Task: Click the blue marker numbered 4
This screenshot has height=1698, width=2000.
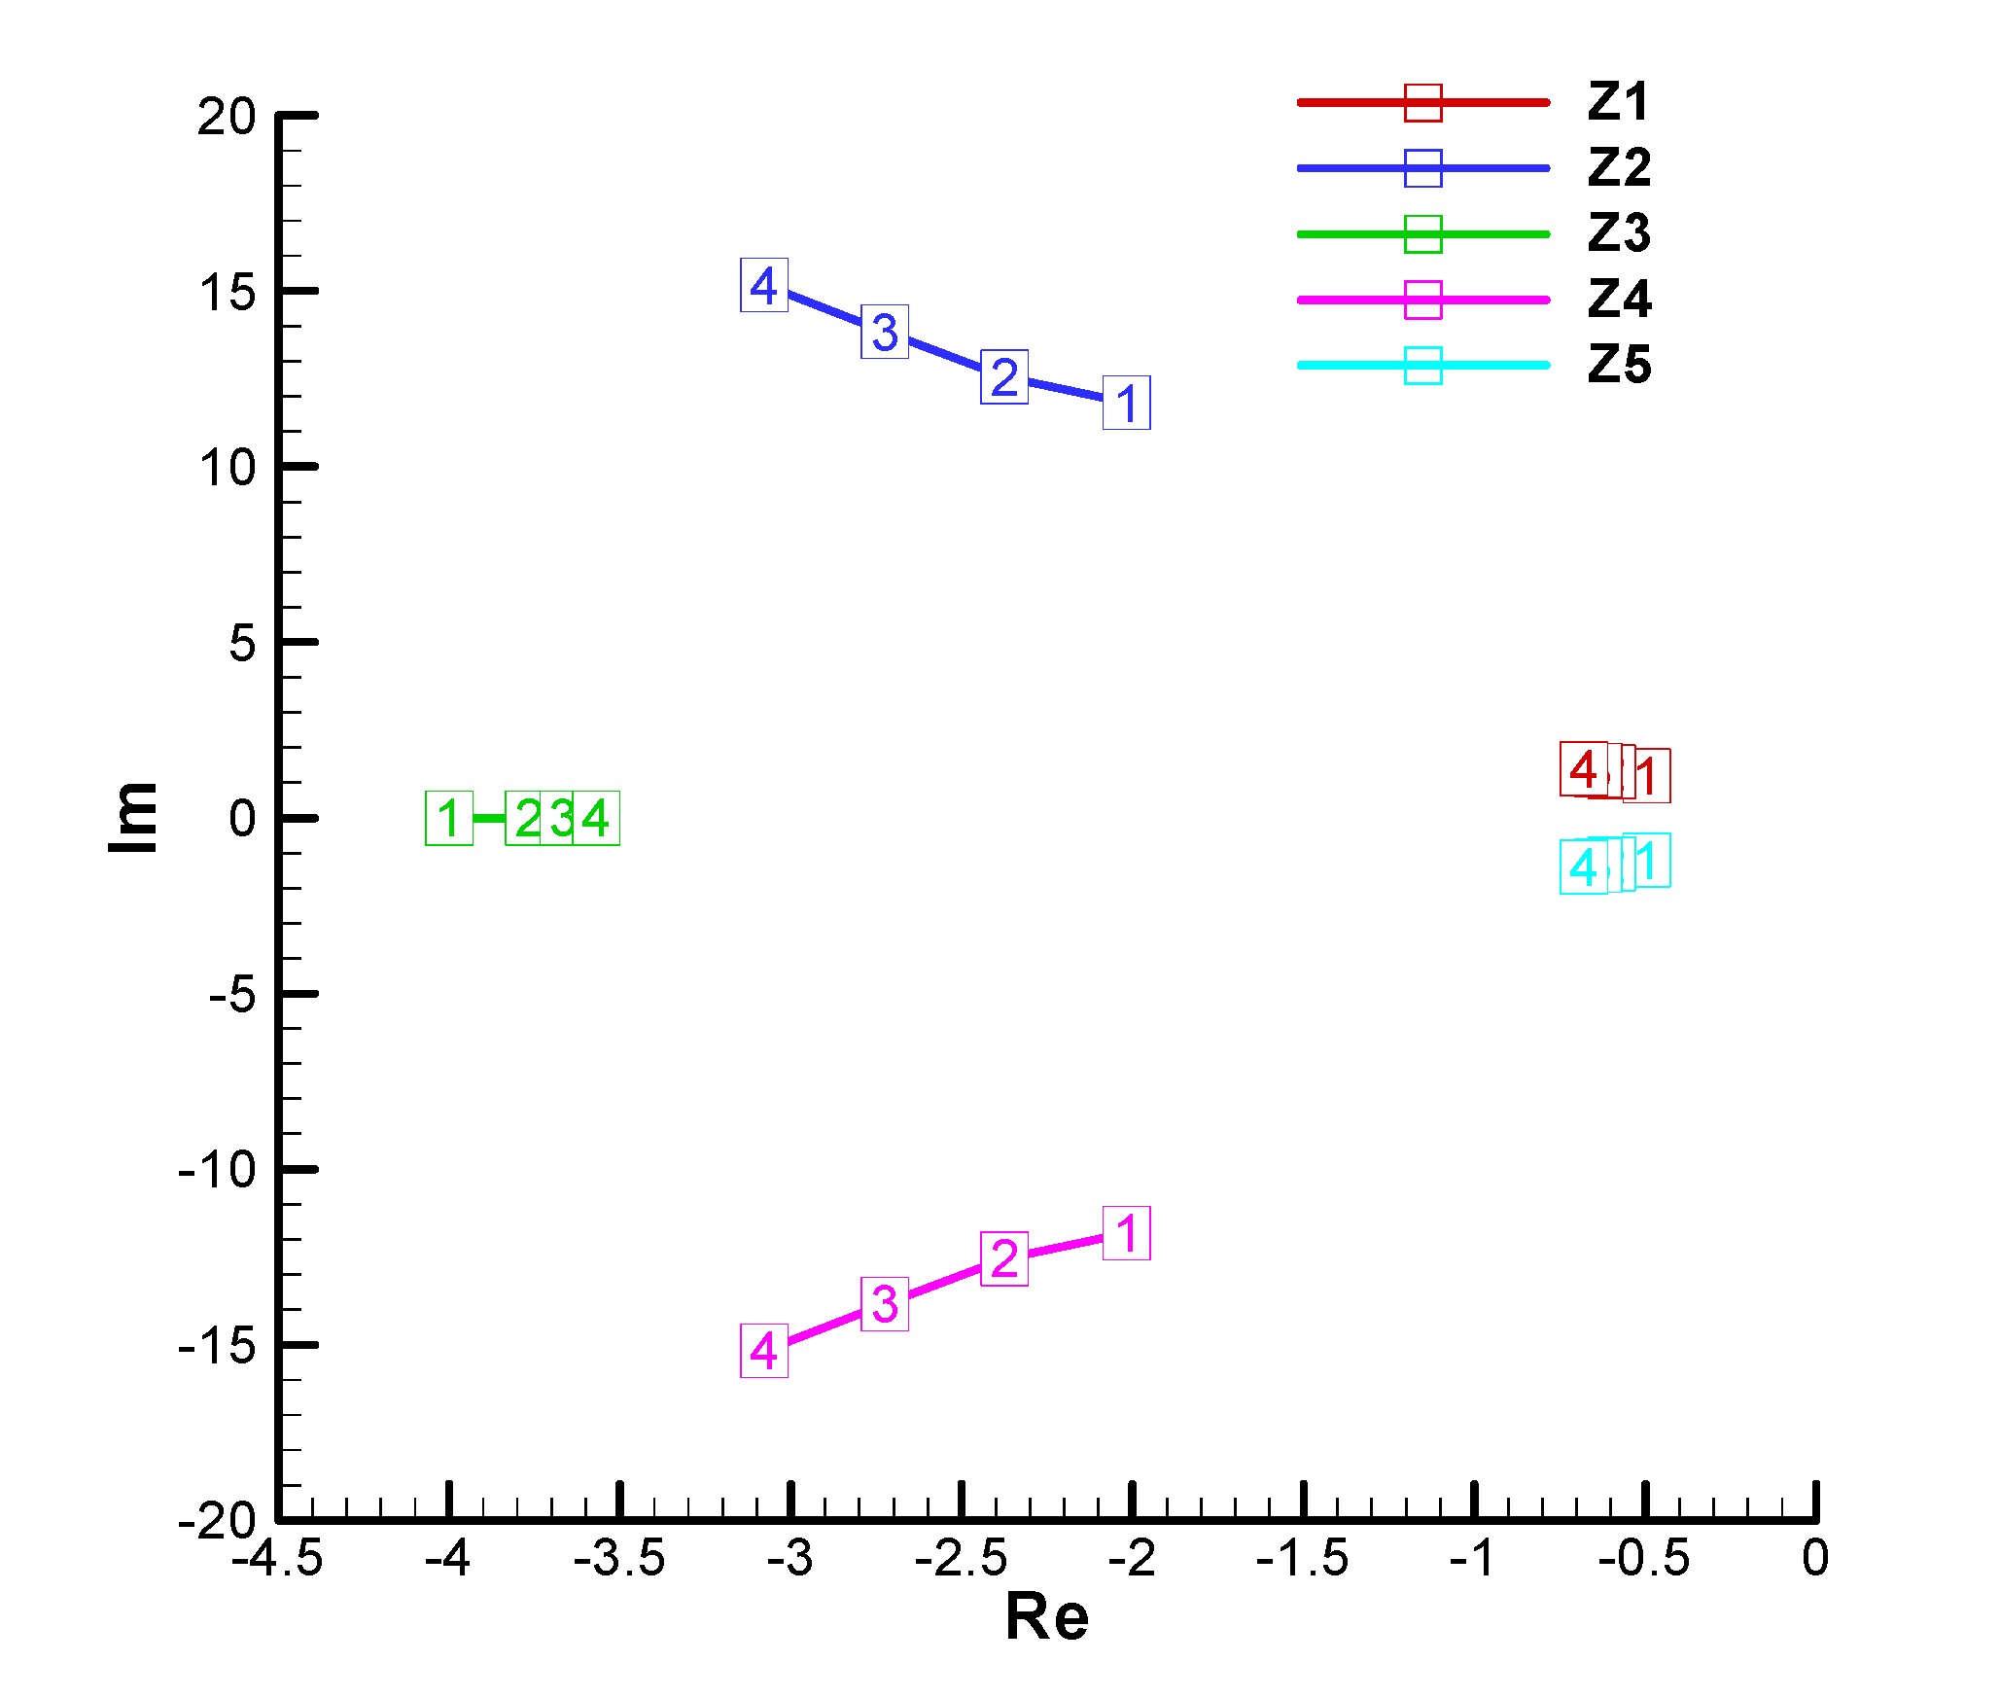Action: click(x=764, y=286)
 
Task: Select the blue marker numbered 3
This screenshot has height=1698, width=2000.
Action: click(x=885, y=332)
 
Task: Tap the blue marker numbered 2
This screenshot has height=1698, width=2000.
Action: click(x=1004, y=377)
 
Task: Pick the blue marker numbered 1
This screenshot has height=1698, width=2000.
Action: click(x=1127, y=403)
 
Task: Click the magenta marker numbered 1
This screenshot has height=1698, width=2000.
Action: click(x=1127, y=1233)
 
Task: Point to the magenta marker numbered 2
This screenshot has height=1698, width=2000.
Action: click(x=1004, y=1259)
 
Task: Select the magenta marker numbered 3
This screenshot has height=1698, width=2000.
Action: click(x=885, y=1304)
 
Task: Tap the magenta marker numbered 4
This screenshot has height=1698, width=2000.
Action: click(x=764, y=1351)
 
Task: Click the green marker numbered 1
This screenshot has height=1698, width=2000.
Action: click(x=449, y=819)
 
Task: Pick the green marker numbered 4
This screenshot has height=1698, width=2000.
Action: click(x=596, y=819)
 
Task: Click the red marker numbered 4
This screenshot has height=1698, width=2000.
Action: click(x=1584, y=769)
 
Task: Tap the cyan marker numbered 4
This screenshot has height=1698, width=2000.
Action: click(x=1584, y=867)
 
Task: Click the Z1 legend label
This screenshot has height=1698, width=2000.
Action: click(x=1619, y=102)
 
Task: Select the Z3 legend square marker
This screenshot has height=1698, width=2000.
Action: click(x=1423, y=234)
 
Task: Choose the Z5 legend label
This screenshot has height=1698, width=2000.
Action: click(x=1619, y=366)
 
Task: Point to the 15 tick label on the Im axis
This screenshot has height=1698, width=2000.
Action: click(x=228, y=292)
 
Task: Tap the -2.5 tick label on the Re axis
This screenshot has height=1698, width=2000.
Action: click(x=961, y=1559)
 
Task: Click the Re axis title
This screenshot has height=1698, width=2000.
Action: click(x=1047, y=1617)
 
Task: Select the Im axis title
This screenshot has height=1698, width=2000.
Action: click(x=133, y=818)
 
